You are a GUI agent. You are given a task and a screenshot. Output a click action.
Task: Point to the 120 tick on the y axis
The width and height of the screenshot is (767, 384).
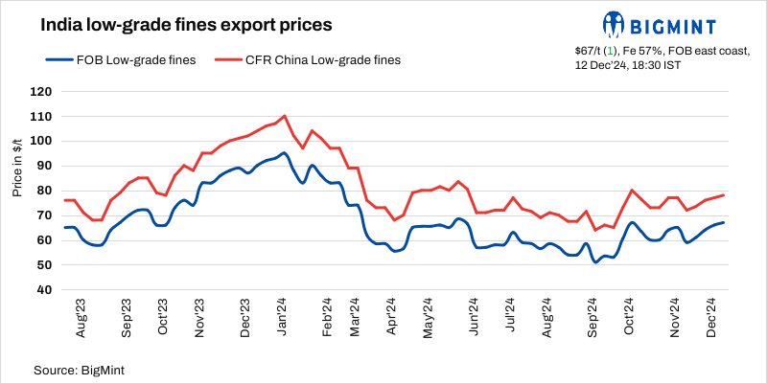[x=39, y=92]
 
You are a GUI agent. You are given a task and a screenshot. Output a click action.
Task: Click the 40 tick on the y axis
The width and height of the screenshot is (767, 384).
[x=42, y=289]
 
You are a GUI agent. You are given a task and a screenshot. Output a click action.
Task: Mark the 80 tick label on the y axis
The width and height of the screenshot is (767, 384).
[x=42, y=191]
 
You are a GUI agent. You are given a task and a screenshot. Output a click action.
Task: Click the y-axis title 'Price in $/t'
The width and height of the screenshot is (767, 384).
[x=17, y=168]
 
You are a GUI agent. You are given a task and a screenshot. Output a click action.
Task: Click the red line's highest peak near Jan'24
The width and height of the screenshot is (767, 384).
[x=285, y=116]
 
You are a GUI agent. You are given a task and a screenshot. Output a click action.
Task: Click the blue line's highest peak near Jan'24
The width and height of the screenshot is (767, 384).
[x=284, y=153]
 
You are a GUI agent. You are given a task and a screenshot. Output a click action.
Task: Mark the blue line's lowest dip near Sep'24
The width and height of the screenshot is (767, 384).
[x=595, y=261]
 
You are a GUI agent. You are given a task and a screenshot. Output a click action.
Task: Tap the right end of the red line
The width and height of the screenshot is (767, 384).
[x=723, y=195]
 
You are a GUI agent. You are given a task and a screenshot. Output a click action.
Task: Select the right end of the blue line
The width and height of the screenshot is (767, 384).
[x=723, y=222]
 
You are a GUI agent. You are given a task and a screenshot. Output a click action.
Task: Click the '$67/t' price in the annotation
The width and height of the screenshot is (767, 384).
[x=592, y=50]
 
